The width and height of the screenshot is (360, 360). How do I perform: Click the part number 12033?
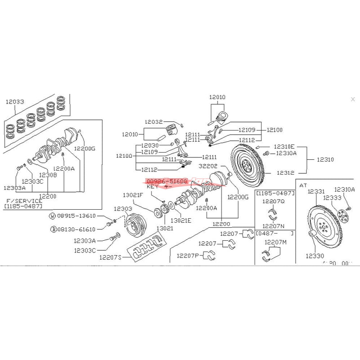(14, 102)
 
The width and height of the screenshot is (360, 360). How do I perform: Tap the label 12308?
(48, 175)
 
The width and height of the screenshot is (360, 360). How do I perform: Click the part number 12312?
(285, 172)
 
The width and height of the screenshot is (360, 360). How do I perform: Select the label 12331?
(316, 191)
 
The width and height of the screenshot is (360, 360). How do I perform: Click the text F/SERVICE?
(24, 201)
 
